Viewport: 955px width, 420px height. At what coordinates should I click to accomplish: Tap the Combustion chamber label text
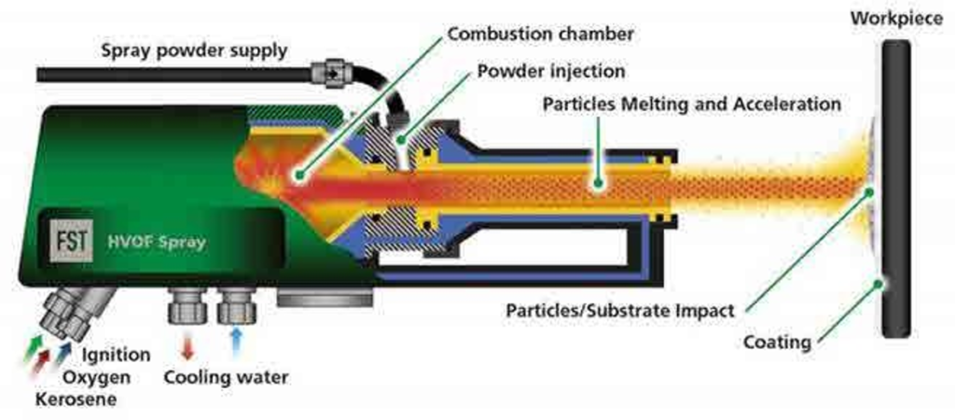(540, 34)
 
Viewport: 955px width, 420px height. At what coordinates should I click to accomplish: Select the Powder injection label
(551, 71)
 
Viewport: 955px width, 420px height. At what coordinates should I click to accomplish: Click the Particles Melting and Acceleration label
(692, 104)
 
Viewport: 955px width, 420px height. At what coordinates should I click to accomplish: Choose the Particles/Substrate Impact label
(620, 311)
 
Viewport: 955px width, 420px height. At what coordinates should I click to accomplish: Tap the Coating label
(778, 342)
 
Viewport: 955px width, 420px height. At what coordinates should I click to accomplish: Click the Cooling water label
(226, 377)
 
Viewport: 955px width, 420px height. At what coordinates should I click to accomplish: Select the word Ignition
(116, 354)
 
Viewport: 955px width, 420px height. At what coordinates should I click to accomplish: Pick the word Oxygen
(97, 377)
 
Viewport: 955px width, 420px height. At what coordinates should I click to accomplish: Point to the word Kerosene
(76, 399)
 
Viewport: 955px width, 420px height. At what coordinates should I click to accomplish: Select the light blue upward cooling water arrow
(237, 348)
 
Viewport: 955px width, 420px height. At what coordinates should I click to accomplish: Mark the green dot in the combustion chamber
(298, 175)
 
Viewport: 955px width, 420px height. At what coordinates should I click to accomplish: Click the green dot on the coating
(878, 282)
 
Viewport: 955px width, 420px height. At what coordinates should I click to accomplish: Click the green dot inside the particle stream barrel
(598, 181)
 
